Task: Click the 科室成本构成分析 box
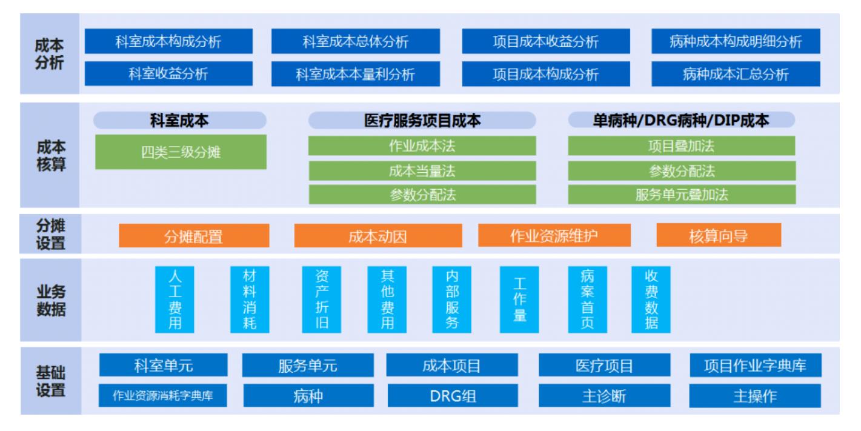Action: point(168,41)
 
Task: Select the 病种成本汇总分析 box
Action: point(736,74)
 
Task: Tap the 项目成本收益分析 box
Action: point(546,41)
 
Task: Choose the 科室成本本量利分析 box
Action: point(356,74)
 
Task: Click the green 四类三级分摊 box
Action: point(181,152)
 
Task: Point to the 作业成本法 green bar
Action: point(422,145)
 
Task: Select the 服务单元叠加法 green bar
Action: point(682,195)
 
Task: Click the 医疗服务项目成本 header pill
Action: point(422,121)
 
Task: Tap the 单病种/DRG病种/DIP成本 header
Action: point(681,120)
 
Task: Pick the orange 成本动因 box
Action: point(378,236)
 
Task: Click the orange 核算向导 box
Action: point(719,235)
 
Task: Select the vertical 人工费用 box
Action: point(175,299)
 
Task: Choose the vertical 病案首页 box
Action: point(587,299)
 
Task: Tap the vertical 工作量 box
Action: point(519,299)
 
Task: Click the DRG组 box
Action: point(453,396)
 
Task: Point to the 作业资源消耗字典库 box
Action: point(162,396)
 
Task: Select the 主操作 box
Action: point(755,396)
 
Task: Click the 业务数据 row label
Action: point(51,300)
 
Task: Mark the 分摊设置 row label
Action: point(50,234)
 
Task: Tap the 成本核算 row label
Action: point(51,156)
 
